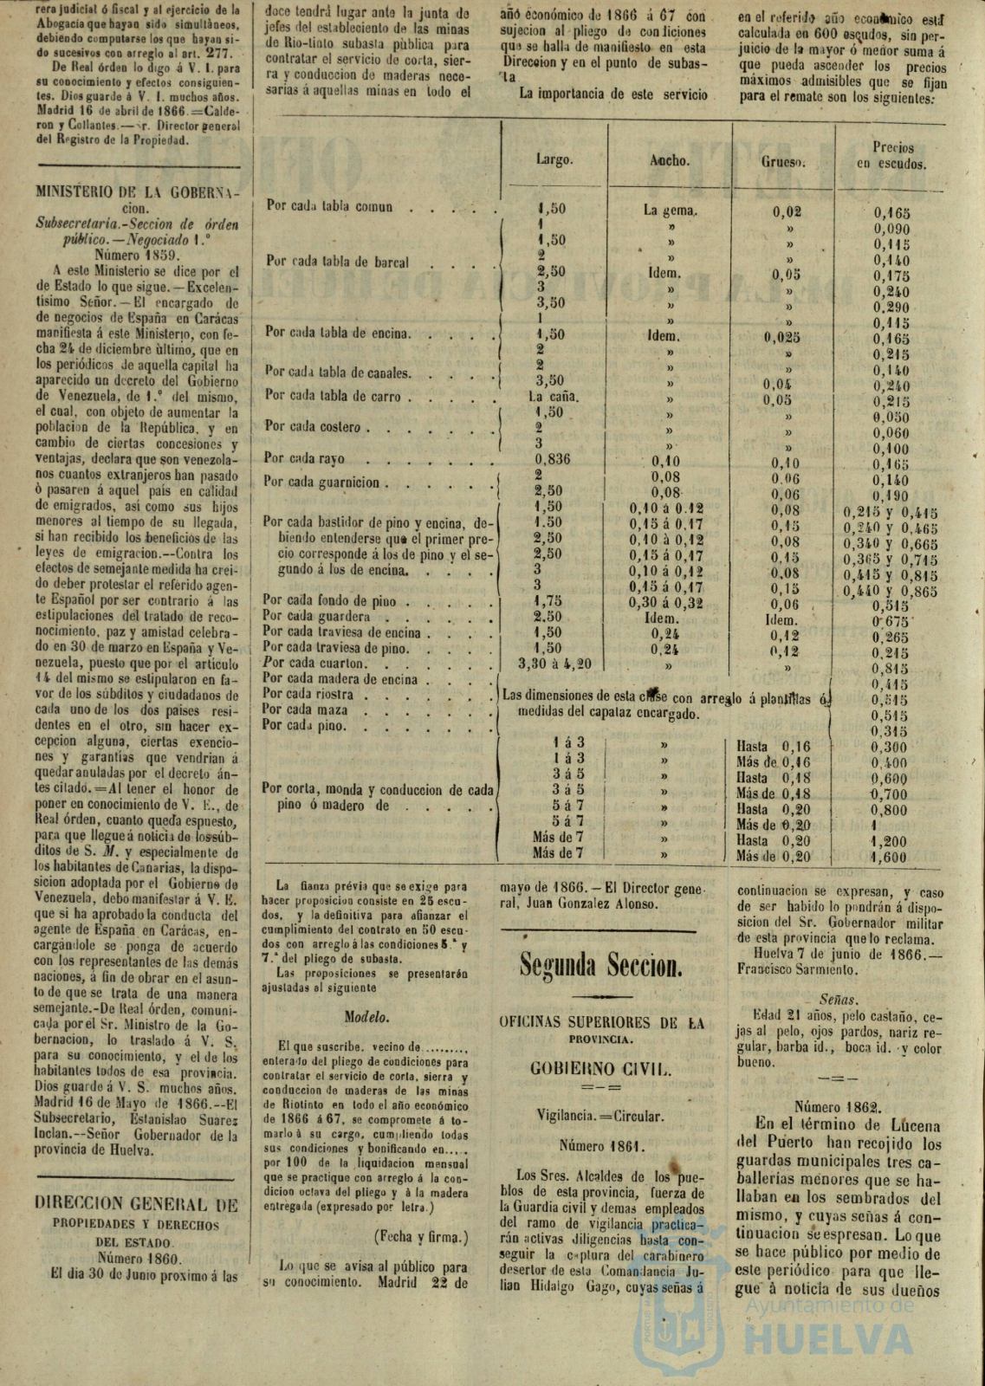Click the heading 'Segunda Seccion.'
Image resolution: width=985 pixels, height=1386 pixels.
tap(601, 962)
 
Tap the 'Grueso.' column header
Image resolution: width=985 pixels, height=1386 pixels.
tap(784, 162)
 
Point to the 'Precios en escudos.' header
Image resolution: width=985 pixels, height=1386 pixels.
tap(892, 156)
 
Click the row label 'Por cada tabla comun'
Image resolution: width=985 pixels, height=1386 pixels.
tap(329, 208)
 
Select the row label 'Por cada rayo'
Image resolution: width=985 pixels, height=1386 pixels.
tap(305, 459)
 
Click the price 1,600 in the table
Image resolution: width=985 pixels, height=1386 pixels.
tap(890, 858)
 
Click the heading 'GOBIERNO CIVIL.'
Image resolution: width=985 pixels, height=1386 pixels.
tap(601, 1069)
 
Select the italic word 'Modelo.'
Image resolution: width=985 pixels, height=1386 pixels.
tap(367, 1017)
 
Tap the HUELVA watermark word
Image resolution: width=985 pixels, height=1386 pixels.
tap(833, 1343)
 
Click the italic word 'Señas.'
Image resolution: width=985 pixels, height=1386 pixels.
tap(838, 1000)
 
